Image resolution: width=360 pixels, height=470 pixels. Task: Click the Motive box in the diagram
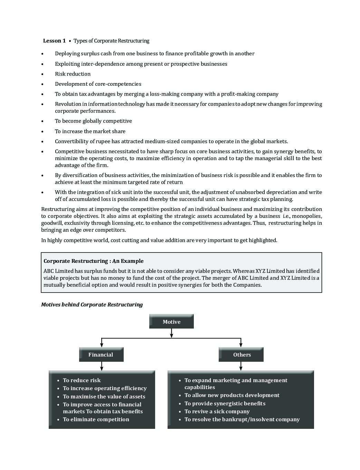point(171,322)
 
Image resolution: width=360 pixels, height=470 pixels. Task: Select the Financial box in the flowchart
point(101,354)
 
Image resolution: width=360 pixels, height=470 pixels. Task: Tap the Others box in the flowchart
point(241,354)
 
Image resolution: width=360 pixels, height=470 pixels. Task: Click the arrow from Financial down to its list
point(102,366)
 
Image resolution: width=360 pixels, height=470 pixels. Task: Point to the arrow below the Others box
point(241,366)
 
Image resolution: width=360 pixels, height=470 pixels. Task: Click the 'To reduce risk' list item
point(82,380)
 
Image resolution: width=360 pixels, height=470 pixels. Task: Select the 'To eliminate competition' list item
point(96,419)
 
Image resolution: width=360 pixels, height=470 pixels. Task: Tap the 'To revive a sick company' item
point(217,411)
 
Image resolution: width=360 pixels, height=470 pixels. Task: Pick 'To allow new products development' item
point(232,395)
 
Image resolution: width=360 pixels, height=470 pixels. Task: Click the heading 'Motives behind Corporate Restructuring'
point(92,305)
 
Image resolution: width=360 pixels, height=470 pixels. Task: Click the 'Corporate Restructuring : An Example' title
point(94,261)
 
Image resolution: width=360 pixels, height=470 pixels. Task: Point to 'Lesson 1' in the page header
point(54,41)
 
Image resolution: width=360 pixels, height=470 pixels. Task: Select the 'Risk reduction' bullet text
point(73,74)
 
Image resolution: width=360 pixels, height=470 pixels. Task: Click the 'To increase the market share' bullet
point(90,131)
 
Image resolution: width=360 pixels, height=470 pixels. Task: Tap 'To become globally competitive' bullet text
point(93,121)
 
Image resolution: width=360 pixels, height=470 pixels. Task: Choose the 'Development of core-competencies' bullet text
point(98,84)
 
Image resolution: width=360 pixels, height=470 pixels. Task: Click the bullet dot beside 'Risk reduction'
point(42,74)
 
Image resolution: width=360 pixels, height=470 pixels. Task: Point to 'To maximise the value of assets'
point(104,396)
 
